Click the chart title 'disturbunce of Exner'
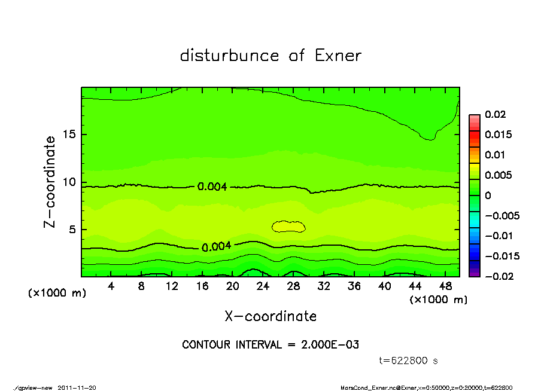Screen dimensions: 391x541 [x=270, y=56]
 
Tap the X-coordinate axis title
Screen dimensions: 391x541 [x=270, y=316]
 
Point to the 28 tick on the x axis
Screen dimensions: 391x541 [x=293, y=286]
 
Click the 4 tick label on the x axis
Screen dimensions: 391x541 [x=111, y=286]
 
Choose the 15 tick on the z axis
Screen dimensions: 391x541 [x=69, y=135]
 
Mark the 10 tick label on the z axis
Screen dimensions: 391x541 [x=69, y=182]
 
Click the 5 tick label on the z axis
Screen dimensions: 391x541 [x=72, y=230]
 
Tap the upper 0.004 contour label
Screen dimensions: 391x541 [x=212, y=187]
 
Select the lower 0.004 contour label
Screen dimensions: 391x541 [x=216, y=247]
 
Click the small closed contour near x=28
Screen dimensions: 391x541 [x=288, y=226]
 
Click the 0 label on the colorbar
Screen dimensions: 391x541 [x=488, y=195]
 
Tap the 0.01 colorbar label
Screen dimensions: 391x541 [x=494, y=155]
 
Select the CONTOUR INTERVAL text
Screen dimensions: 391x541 [x=270, y=345]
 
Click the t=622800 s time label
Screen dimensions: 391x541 [x=409, y=361]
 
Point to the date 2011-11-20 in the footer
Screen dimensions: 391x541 [x=77, y=387]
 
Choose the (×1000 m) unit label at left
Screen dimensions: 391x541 [x=57, y=294]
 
